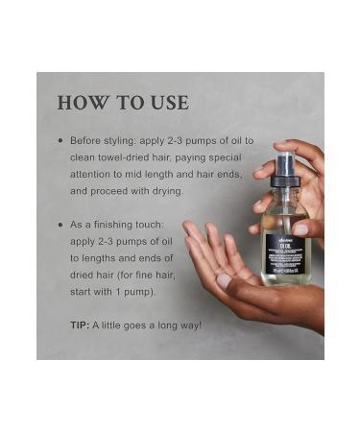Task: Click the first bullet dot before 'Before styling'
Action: pos(60,140)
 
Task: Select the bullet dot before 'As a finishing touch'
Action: pos(60,224)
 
